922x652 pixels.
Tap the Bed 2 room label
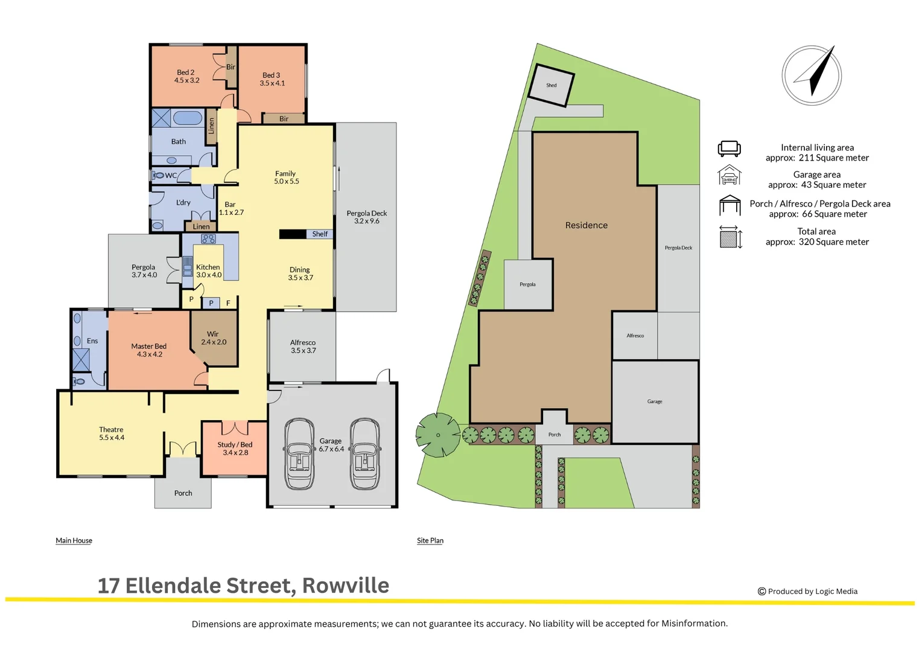[x=186, y=72]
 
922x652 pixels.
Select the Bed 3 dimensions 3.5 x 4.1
[x=272, y=83]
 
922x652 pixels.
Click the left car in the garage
[x=299, y=454]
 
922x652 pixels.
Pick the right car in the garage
[x=365, y=454]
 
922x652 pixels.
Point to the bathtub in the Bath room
[x=187, y=117]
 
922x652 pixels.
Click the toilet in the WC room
[x=158, y=176]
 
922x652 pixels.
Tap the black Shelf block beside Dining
[x=293, y=234]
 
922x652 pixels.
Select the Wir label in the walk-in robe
[x=213, y=334]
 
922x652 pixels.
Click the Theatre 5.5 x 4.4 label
[x=112, y=433]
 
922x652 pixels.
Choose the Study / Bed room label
[x=235, y=444]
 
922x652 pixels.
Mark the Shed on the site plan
[x=551, y=85]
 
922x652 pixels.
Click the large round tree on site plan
[x=438, y=435]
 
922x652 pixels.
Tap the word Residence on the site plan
[x=586, y=225]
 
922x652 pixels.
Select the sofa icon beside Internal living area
[x=729, y=149]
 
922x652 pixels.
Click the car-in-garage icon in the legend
[x=729, y=176]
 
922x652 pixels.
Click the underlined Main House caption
[x=74, y=540]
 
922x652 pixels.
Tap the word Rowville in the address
[x=345, y=586]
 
